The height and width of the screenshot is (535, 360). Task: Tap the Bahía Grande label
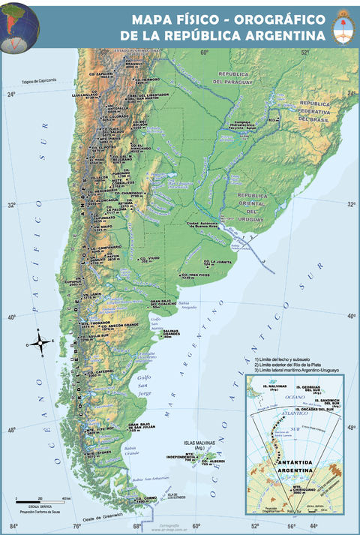132,451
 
